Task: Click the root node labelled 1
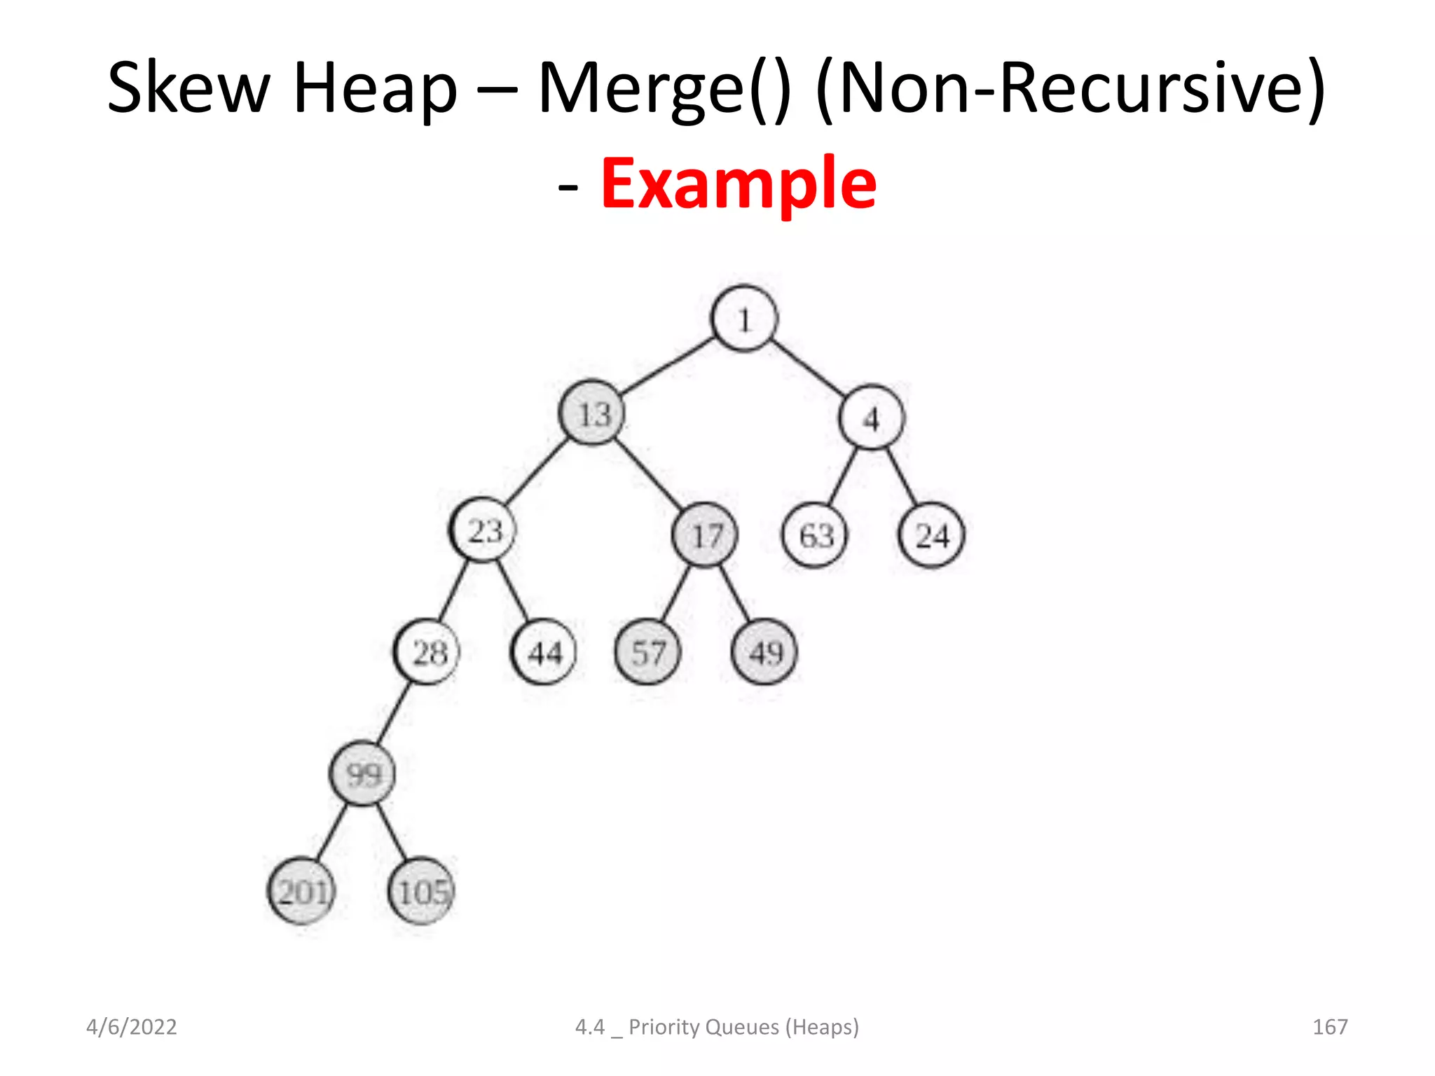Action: (743, 319)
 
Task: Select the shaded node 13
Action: (593, 413)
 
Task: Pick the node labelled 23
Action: (484, 530)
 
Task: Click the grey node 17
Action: (705, 535)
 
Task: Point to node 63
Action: (815, 536)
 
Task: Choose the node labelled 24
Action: (931, 536)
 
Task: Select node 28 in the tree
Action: (428, 652)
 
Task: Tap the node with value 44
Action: (544, 652)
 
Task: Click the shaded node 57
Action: (647, 652)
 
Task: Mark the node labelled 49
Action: (764, 652)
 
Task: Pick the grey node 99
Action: (362, 773)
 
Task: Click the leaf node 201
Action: (302, 891)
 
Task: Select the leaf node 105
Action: (422, 891)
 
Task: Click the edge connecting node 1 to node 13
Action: (667, 366)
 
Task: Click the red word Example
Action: (739, 184)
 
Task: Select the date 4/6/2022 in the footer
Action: (132, 1027)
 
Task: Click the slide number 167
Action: (1329, 1027)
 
